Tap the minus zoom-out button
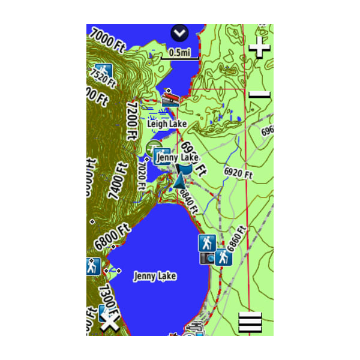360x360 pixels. pyautogui.click(x=260, y=94)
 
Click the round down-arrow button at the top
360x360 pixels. pyautogui.click(x=179, y=33)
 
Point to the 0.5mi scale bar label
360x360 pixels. pyautogui.click(x=179, y=52)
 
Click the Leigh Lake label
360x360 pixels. pyautogui.click(x=167, y=124)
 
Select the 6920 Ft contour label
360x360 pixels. pyautogui.click(x=239, y=172)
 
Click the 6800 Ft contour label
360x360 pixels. pyautogui.click(x=112, y=238)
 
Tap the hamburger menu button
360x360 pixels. pyautogui.click(x=250, y=323)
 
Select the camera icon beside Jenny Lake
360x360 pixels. pyautogui.click(x=207, y=258)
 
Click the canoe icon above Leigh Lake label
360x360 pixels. pyautogui.click(x=170, y=98)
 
